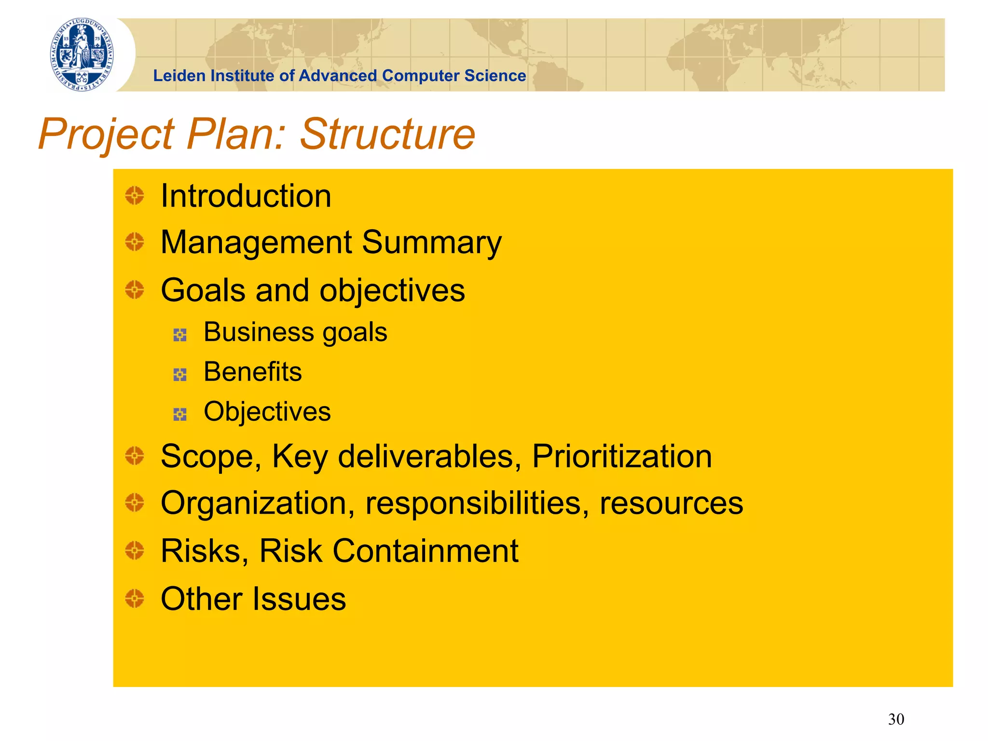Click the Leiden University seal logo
click(82, 55)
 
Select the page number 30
click(896, 719)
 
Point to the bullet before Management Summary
click(135, 242)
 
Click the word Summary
click(432, 243)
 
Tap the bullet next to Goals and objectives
click(135, 290)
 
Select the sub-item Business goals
click(295, 332)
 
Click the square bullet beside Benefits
click(180, 374)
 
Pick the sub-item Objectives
click(267, 412)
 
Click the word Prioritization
click(622, 456)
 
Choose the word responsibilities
click(477, 504)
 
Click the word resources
click(671, 504)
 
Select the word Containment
click(425, 550)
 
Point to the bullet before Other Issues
click(135, 598)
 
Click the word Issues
click(301, 599)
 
